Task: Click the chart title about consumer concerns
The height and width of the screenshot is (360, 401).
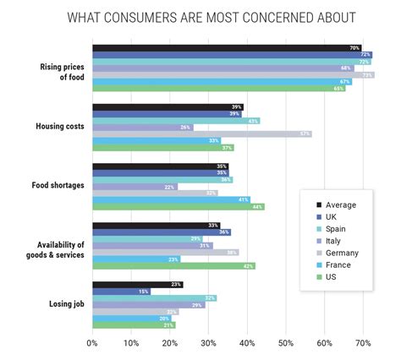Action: tap(211, 17)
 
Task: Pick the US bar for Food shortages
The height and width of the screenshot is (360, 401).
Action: tap(179, 207)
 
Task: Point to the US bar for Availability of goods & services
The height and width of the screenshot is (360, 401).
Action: tap(173, 266)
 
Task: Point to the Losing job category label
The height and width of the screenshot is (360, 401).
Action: tap(63, 304)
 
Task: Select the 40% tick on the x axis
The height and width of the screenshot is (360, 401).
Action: tap(246, 343)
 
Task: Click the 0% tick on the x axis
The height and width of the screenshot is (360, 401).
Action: tap(92, 343)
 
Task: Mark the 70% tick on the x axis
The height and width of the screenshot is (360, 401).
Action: tap(363, 343)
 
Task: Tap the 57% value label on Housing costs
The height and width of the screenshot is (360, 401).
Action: tap(305, 134)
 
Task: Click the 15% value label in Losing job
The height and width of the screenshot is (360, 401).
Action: tap(144, 292)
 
